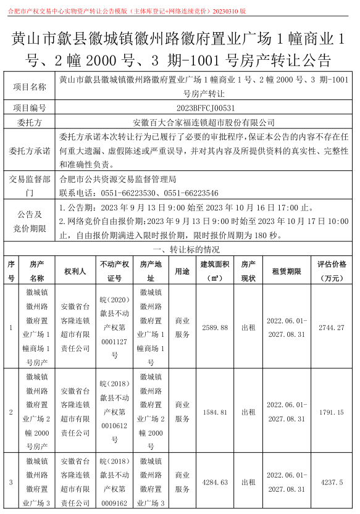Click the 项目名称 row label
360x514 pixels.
30,88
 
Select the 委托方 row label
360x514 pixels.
30,122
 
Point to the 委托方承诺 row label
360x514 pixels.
30,151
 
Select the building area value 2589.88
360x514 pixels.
215,327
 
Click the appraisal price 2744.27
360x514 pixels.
331,327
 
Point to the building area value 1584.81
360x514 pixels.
215,412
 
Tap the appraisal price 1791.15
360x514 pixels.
331,412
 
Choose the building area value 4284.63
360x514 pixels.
215,482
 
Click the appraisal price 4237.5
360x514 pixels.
331,482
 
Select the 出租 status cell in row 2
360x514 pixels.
248,412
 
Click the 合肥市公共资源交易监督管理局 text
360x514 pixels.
117,180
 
